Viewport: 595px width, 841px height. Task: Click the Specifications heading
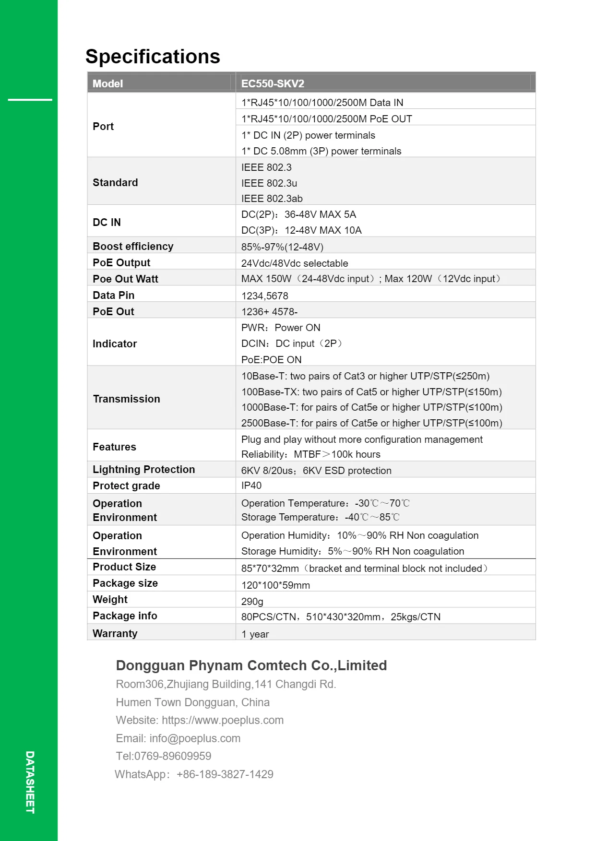(153, 57)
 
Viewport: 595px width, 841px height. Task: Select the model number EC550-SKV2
(273, 83)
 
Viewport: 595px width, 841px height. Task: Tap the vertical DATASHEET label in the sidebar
(30, 782)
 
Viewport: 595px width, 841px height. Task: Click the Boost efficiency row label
(133, 246)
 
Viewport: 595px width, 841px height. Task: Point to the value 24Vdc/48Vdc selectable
(294, 263)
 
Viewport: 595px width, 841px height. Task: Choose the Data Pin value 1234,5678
(264, 296)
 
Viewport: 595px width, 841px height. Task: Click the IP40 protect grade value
(251, 486)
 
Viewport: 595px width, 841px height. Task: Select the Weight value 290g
(252, 601)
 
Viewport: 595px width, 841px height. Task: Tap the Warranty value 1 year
(255, 634)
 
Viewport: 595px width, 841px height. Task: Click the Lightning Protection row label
(143, 469)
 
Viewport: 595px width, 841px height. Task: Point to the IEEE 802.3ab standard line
(272, 198)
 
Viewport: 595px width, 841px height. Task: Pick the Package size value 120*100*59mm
(275, 585)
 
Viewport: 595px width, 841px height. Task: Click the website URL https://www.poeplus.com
(223, 720)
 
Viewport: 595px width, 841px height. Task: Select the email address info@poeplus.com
(195, 738)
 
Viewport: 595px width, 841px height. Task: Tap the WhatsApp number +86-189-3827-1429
(225, 774)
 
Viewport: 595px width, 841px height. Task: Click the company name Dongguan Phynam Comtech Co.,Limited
(251, 665)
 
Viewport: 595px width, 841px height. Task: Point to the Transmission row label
(126, 399)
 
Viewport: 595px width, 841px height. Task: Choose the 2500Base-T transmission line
(371, 423)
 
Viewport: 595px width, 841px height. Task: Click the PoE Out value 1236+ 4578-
(269, 311)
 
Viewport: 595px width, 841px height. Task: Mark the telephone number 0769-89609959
(173, 756)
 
